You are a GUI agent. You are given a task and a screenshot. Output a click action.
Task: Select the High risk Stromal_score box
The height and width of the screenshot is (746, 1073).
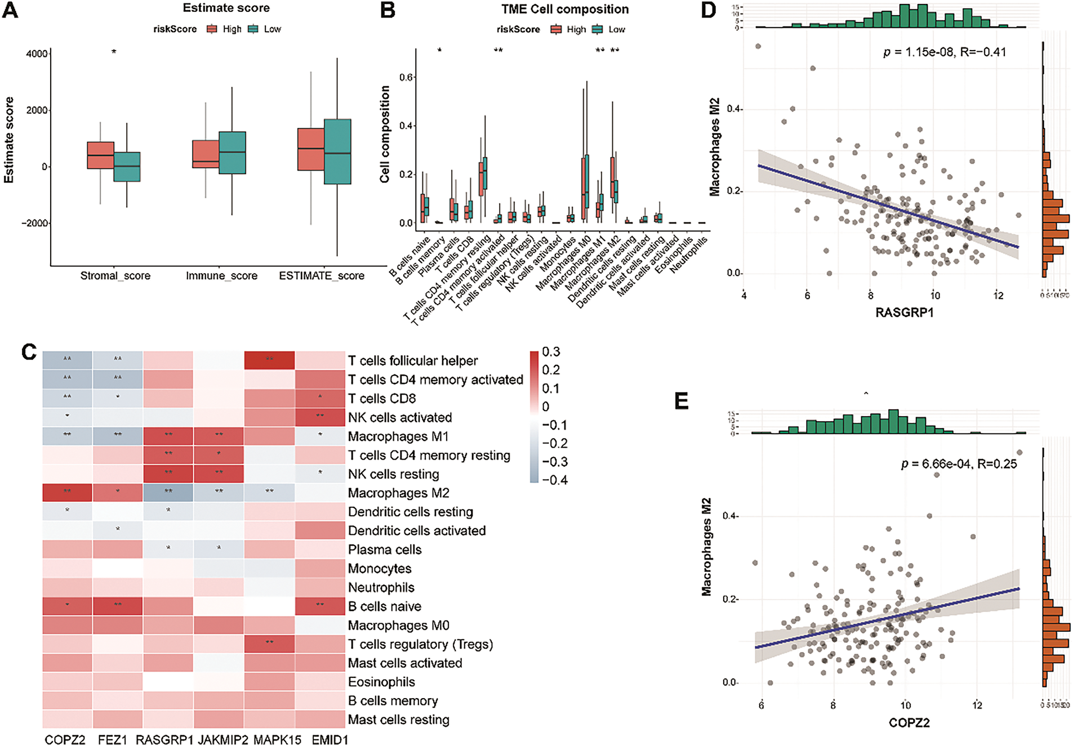(100, 155)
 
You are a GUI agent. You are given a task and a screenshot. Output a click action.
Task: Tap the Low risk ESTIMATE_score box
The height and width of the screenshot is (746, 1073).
(337, 151)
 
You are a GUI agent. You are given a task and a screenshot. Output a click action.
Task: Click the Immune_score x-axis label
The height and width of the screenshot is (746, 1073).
(221, 276)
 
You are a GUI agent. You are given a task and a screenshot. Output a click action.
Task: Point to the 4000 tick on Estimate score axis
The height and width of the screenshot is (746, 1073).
(37, 54)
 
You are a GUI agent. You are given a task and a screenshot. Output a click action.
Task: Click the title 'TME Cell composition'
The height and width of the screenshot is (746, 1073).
(565, 10)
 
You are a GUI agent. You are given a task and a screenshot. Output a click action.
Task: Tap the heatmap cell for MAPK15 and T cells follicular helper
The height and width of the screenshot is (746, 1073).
(269, 360)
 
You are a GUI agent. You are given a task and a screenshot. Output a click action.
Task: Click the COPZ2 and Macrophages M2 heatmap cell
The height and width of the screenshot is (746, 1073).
(67, 493)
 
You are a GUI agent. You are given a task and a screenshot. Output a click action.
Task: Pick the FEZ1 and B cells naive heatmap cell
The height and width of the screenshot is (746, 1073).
(117, 606)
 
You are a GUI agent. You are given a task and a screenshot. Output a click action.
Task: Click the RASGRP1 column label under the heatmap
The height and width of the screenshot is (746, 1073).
(164, 739)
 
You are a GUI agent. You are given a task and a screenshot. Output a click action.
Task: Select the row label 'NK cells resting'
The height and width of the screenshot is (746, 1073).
(393, 474)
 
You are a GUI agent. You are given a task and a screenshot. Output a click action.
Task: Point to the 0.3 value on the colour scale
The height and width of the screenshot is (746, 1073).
(551, 352)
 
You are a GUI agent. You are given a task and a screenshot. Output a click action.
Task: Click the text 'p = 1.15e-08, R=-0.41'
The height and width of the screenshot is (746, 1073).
(944, 52)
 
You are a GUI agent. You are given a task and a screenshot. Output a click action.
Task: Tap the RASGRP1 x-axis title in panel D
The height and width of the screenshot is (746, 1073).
(904, 312)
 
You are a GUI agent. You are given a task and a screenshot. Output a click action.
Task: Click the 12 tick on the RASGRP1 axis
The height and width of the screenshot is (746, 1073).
(998, 296)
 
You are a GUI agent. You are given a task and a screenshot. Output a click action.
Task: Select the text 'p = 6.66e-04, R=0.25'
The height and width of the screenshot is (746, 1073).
(959, 463)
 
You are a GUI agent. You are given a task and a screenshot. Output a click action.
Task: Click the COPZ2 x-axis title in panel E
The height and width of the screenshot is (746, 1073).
(909, 723)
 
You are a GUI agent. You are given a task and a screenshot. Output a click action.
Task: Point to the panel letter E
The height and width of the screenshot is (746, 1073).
(681, 401)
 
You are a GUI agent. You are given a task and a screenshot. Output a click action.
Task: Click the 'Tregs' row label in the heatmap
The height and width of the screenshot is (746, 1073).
(420, 644)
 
